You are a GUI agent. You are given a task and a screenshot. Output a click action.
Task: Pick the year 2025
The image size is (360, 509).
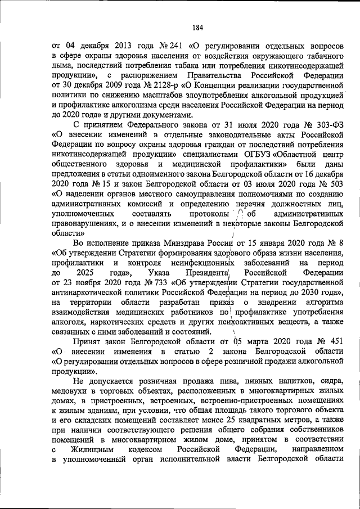pos(91,273)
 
